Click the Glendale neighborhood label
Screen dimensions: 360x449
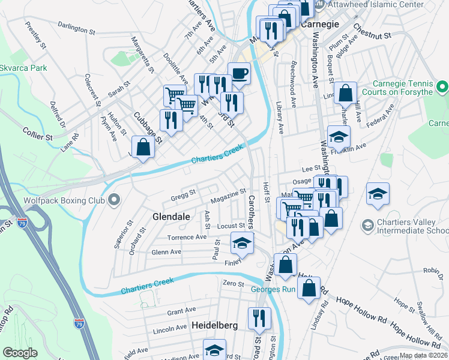click(x=171, y=216)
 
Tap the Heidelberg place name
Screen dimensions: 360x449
click(x=215, y=325)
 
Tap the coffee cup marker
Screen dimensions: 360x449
click(x=240, y=74)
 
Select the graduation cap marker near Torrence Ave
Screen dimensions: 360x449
click(x=242, y=242)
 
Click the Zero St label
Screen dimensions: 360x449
click(x=233, y=283)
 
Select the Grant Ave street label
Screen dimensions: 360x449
click(x=181, y=311)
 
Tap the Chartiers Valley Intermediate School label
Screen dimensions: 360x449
click(x=412, y=226)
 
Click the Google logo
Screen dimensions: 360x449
click(x=20, y=353)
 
